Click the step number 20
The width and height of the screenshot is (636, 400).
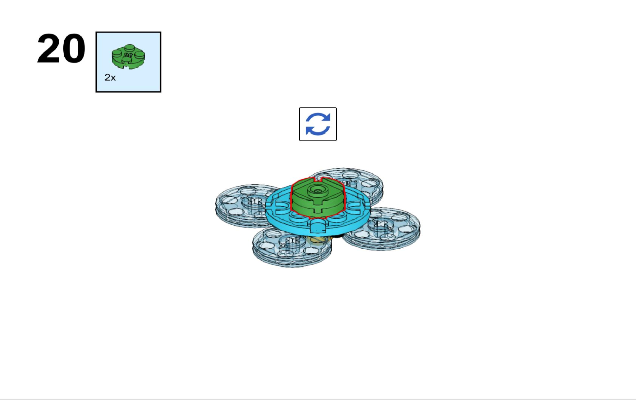coord(61,49)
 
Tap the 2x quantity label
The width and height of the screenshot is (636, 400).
coord(110,77)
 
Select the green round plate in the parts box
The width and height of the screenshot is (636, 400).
coord(128,56)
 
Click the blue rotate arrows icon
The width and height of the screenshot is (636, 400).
coord(318,124)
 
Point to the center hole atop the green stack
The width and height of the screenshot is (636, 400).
coord(318,190)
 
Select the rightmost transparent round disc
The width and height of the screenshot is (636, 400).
coord(382,229)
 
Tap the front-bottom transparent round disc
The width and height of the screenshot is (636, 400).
coord(293,247)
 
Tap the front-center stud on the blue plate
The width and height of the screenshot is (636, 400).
coord(318,227)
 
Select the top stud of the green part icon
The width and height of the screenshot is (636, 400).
coord(130,47)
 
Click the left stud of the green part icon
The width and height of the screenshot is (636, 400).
coord(117,53)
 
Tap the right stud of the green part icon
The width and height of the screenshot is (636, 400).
coord(139,54)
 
